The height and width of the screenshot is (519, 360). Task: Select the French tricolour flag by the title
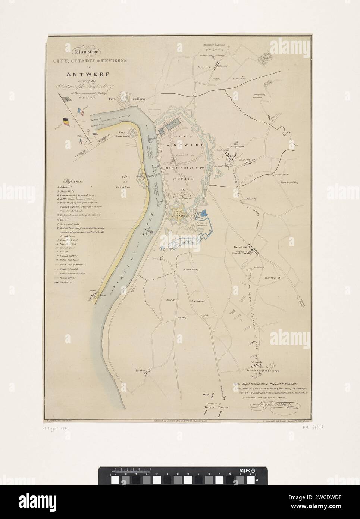pyautogui.click(x=79, y=111)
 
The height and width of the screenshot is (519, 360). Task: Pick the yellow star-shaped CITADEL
pyautogui.click(x=176, y=215)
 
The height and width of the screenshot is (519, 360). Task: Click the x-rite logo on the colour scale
pyautogui.click(x=255, y=471)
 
